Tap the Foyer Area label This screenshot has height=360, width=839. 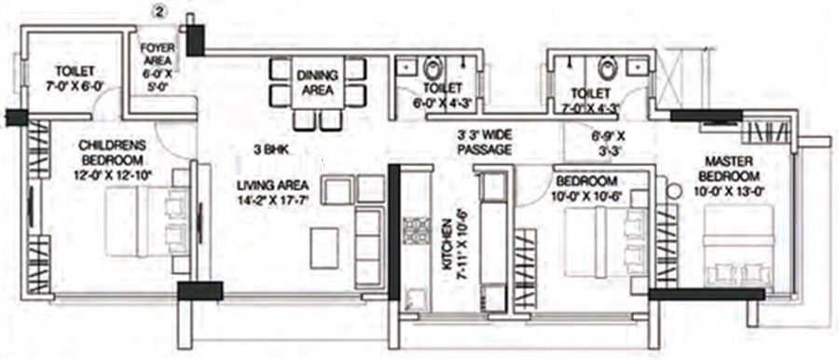(x=154, y=63)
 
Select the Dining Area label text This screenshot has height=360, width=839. (x=316, y=83)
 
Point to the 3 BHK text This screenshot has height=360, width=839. (x=272, y=148)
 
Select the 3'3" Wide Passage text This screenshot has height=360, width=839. (x=485, y=143)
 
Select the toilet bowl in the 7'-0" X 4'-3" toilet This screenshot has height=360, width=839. (x=608, y=68)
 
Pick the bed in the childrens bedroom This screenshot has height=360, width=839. (x=140, y=221)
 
